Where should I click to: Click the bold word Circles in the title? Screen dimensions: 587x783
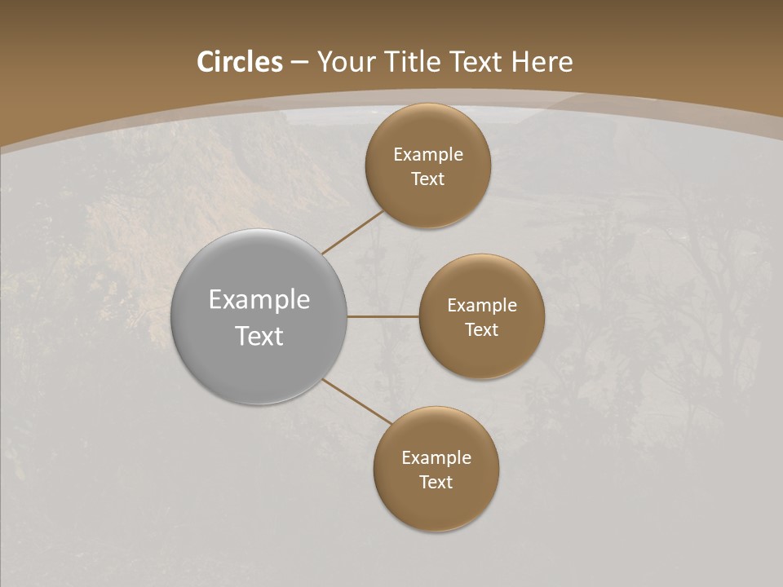pyautogui.click(x=240, y=62)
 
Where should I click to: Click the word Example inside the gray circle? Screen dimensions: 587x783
pyautogui.click(x=259, y=300)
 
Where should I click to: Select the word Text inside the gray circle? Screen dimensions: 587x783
pyautogui.click(x=259, y=336)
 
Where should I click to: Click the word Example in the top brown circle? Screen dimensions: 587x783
pyautogui.click(x=428, y=155)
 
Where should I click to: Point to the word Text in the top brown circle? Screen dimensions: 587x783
pyautogui.click(x=428, y=179)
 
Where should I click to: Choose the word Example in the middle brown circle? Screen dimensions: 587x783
pyautogui.click(x=481, y=306)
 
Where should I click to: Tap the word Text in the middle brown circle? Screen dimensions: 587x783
pyautogui.click(x=481, y=330)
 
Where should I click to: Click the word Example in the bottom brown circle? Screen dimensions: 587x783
pyautogui.click(x=436, y=458)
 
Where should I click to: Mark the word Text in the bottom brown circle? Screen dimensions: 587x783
pyautogui.click(x=436, y=483)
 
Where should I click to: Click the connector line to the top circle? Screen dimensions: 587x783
pyautogui.click(x=352, y=232)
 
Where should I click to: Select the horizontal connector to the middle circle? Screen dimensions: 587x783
pyautogui.click(x=383, y=316)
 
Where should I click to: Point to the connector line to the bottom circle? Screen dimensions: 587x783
pyautogui.click(x=357, y=402)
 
